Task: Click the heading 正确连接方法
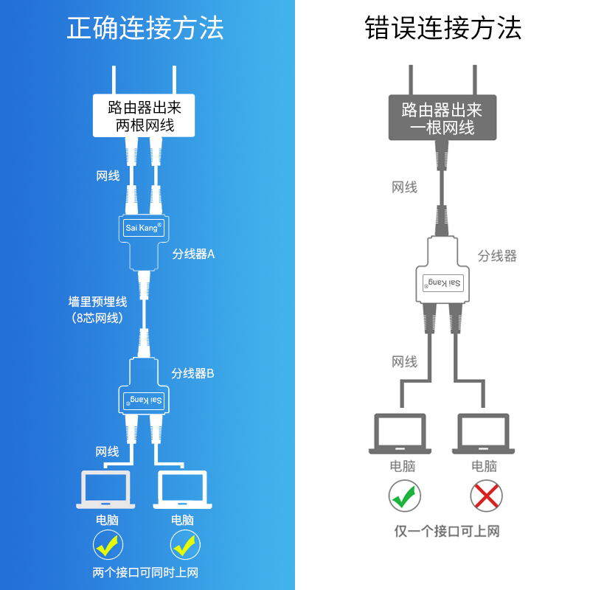(145, 28)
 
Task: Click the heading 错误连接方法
(443, 28)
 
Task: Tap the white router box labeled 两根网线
(144, 116)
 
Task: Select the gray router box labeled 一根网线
(442, 118)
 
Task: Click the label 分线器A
(193, 254)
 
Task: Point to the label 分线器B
(192, 373)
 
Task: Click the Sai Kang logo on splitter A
(144, 228)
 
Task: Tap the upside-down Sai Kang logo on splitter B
(144, 400)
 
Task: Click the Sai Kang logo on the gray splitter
(443, 283)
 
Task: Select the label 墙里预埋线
(98, 302)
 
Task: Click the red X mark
(486, 496)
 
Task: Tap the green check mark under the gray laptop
(404, 496)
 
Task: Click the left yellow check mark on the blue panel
(108, 545)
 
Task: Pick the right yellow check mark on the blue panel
(185, 545)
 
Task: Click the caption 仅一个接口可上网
(447, 531)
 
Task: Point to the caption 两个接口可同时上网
(145, 573)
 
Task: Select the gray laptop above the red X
(483, 434)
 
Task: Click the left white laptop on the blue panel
(105, 490)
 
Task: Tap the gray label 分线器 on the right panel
(497, 256)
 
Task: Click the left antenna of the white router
(114, 80)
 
